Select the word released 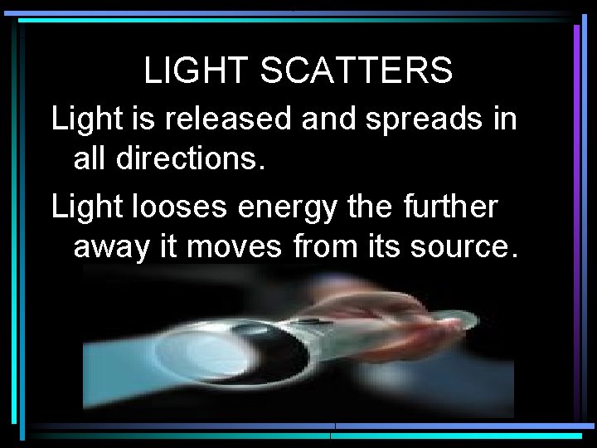228,119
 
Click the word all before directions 90,158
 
